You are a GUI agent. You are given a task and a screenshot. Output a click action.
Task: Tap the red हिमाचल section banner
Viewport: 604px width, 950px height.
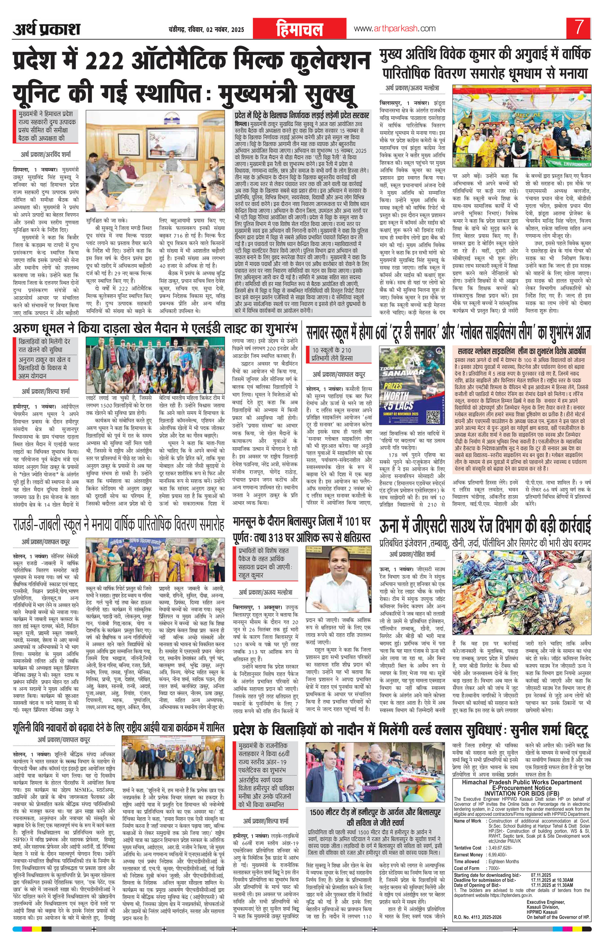pyautogui.click(x=299, y=30)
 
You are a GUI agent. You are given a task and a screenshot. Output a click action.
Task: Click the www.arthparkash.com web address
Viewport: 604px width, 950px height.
pyautogui.click(x=395, y=28)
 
